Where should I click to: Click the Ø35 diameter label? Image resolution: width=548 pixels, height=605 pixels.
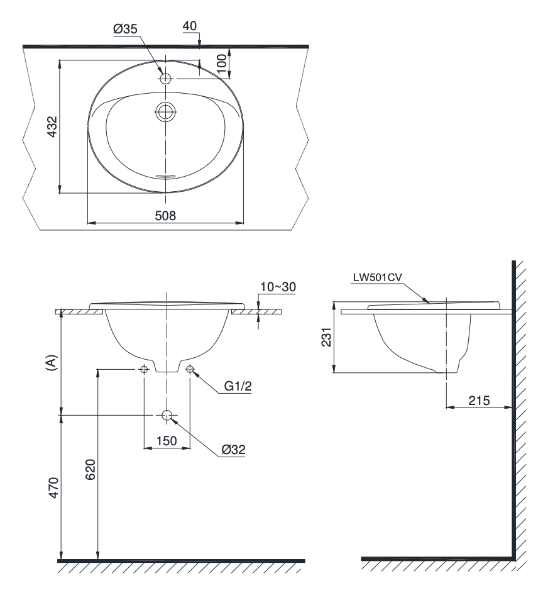[125, 29]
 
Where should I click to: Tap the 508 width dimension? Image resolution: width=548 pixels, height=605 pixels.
[165, 215]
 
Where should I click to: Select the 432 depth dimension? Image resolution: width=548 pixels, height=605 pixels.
[52, 126]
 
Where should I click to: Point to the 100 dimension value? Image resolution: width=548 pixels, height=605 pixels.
[221, 64]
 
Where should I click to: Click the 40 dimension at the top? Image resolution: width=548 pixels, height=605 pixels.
[189, 26]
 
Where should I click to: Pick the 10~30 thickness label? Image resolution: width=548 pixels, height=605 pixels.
[278, 287]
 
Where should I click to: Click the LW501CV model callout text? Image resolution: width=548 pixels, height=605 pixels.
[378, 277]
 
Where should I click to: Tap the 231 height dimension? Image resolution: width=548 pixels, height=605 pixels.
[326, 337]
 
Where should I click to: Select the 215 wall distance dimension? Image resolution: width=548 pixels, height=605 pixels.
[479, 401]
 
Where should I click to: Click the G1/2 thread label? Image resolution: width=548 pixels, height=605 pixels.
[238, 386]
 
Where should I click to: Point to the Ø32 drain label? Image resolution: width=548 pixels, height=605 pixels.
[233, 449]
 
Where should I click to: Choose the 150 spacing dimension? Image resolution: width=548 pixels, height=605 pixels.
[167, 441]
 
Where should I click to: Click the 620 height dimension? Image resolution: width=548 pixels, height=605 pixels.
[90, 470]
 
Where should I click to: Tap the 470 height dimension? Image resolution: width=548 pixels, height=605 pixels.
[53, 487]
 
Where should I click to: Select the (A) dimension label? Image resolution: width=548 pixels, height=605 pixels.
[52, 363]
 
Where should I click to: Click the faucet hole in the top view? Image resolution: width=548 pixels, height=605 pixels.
[165, 79]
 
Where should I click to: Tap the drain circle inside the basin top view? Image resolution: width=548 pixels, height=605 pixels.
[166, 112]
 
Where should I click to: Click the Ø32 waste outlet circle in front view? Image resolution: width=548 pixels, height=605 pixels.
[167, 415]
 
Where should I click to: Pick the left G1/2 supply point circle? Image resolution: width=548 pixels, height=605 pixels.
[144, 369]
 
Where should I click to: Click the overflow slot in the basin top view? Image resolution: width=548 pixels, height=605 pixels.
[165, 176]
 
